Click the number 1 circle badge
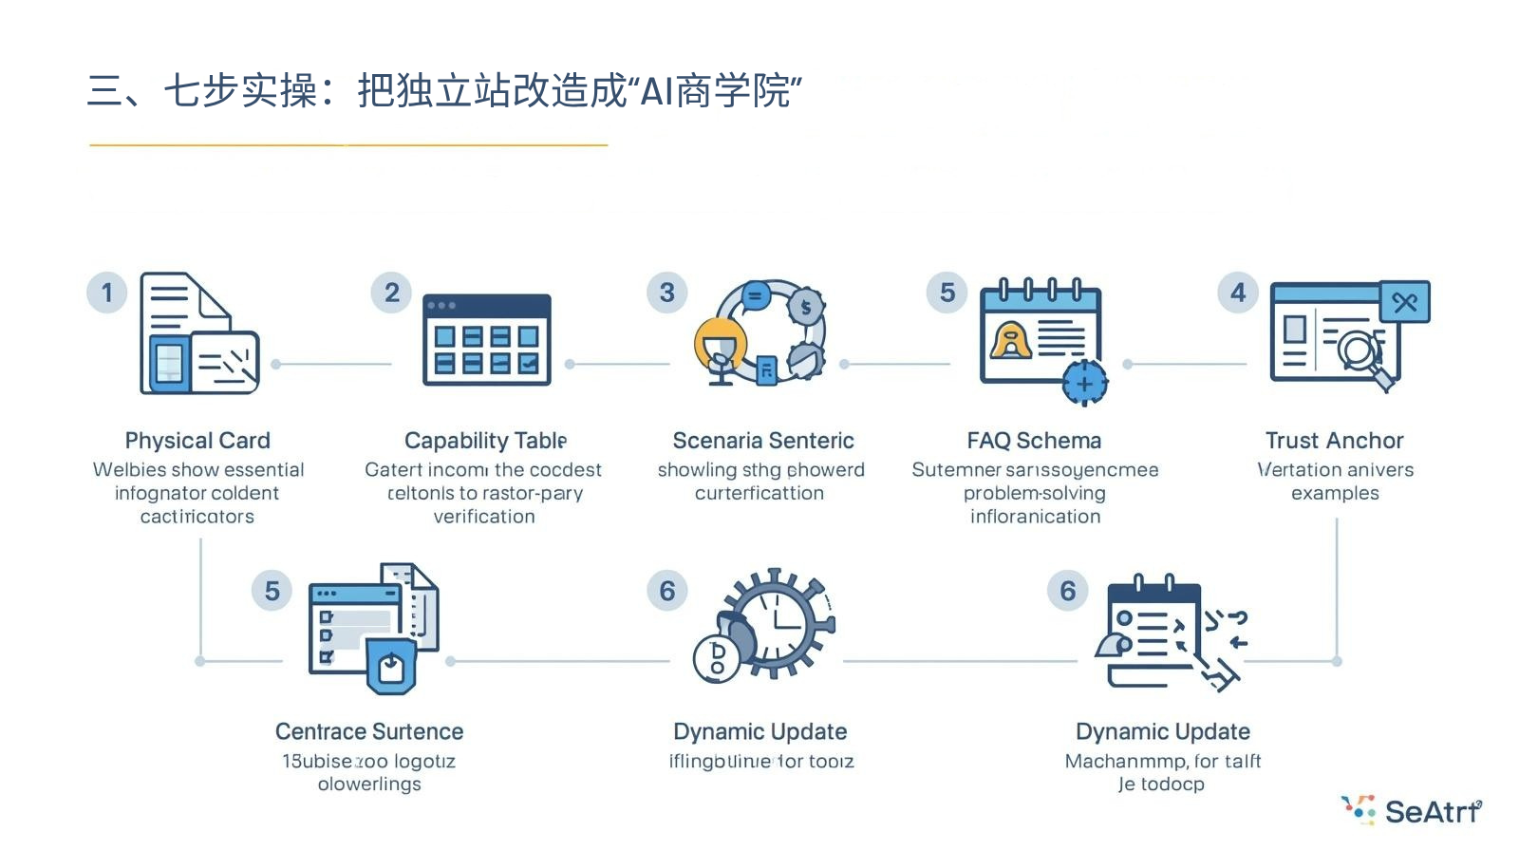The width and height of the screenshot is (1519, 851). coord(107,293)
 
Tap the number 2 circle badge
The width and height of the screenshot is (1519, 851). coord(391,293)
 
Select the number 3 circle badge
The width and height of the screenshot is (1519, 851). coord(667,293)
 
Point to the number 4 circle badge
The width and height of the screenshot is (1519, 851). coord(1238,293)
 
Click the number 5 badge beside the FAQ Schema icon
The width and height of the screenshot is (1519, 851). coord(947,293)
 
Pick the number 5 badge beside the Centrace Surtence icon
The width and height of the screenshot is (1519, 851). coord(272,591)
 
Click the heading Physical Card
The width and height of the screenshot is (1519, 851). coord(197,441)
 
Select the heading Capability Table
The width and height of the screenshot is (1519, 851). coord(485,441)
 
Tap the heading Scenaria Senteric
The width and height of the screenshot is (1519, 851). coord(763,441)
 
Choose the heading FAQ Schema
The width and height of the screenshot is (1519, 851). coord(1034,441)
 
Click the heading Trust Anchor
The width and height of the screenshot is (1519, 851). coord(1334,441)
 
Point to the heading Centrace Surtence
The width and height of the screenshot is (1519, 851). coord(369,731)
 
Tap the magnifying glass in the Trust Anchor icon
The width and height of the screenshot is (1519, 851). coord(1360,350)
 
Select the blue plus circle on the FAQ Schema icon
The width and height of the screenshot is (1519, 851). coord(1084,383)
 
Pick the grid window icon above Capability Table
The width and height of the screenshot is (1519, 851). coord(486,339)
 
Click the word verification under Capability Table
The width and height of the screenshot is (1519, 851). coord(484,517)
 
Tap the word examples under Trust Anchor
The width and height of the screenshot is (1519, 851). coord(1335,493)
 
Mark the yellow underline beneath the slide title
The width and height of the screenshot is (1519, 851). coord(348,145)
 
